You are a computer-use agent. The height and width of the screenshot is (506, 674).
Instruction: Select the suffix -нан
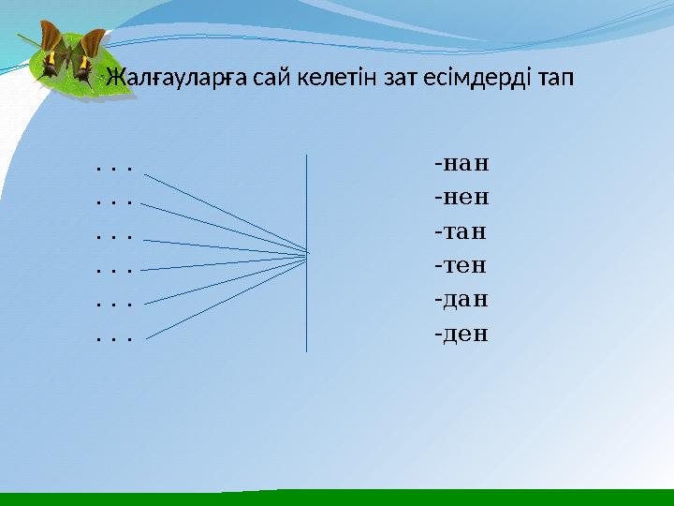[x=462, y=165]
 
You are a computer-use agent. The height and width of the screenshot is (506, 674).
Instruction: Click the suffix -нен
[x=462, y=199]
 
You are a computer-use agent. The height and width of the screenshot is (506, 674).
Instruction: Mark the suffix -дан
[x=462, y=300]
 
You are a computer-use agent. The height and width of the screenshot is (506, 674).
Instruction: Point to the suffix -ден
[x=462, y=334]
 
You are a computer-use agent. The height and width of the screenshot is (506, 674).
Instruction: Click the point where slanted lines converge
[x=306, y=254]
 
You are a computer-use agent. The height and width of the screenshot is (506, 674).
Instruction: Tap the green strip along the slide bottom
[x=337, y=498]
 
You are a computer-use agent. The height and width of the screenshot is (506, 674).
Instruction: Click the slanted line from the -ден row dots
[x=225, y=296]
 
